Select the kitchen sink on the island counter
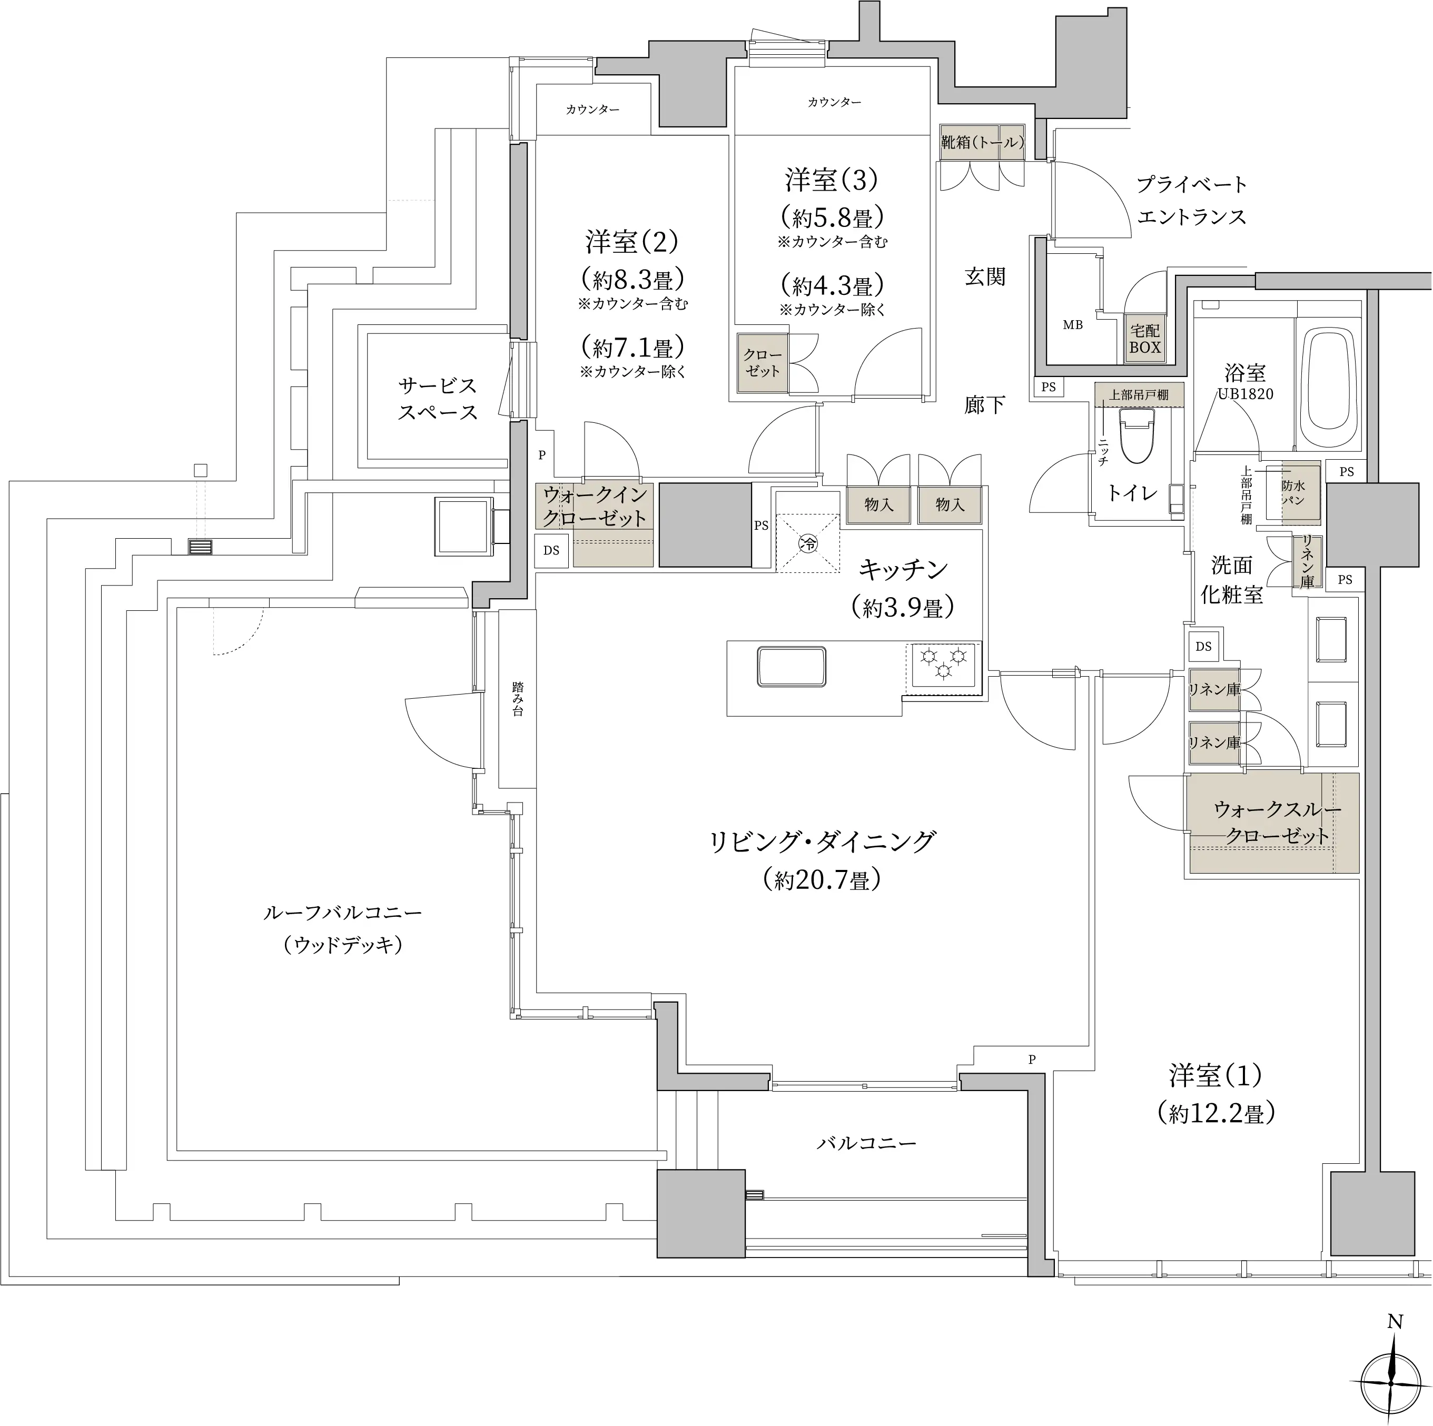pyautogui.click(x=792, y=667)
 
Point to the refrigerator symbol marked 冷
pyautogui.click(x=808, y=543)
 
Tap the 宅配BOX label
pyautogui.click(x=1144, y=339)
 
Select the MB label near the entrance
pyautogui.click(x=1073, y=325)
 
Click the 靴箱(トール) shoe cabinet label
pyautogui.click(x=982, y=142)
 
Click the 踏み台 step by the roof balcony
pyautogui.click(x=518, y=699)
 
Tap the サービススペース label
pyautogui.click(x=437, y=398)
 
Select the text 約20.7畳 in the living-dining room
pyautogui.click(x=821, y=879)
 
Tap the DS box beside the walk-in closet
pyautogui.click(x=551, y=551)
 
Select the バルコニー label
pyautogui.click(x=866, y=1143)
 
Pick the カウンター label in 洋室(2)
pyautogui.click(x=592, y=110)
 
